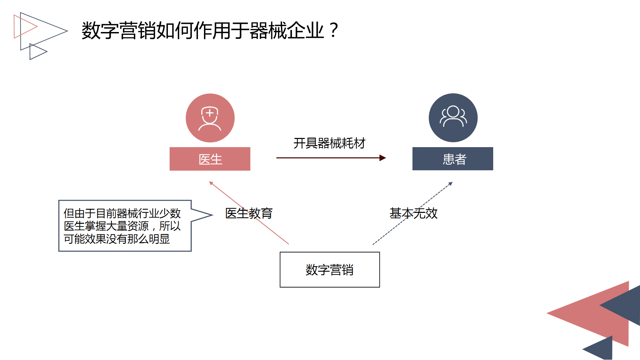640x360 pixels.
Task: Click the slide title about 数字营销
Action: coord(203,31)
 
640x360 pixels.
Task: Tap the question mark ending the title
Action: coord(334,30)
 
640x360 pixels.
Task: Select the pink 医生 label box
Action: coord(210,159)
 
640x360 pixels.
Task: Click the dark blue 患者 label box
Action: coord(453,159)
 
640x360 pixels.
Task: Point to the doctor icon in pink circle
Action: coord(210,118)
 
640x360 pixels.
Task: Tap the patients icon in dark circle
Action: coord(453,118)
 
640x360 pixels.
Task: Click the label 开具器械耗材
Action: coord(329,143)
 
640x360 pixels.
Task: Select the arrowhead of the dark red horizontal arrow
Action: coord(383,158)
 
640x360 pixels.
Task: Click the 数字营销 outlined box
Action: coord(329,270)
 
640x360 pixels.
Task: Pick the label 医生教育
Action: coord(249,214)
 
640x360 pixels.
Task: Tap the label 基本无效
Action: coord(413,214)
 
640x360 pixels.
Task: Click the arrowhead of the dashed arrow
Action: coord(451,184)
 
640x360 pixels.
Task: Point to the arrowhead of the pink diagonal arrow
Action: coord(211,183)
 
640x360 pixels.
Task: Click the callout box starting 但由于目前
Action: coord(125,225)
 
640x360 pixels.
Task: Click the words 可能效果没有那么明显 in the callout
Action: coord(116,239)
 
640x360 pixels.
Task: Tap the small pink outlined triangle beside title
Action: coord(22,26)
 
